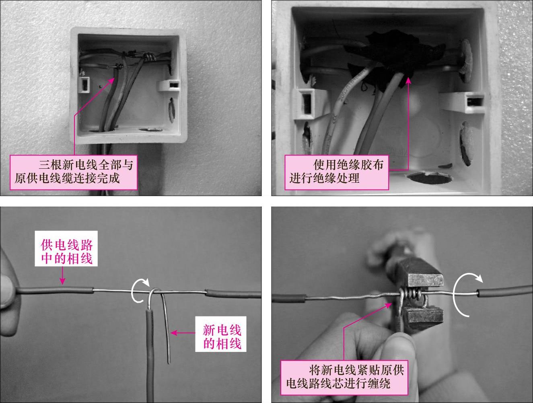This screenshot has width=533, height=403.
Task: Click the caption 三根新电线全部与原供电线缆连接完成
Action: [74, 172]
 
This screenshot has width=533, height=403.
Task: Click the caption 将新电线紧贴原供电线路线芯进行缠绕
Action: [345, 377]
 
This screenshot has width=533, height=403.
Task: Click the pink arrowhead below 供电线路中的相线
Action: [62, 281]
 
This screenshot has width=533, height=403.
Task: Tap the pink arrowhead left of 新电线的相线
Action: [173, 333]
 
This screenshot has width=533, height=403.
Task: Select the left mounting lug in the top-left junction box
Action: [84, 85]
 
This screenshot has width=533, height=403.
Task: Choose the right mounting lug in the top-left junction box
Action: [170, 85]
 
